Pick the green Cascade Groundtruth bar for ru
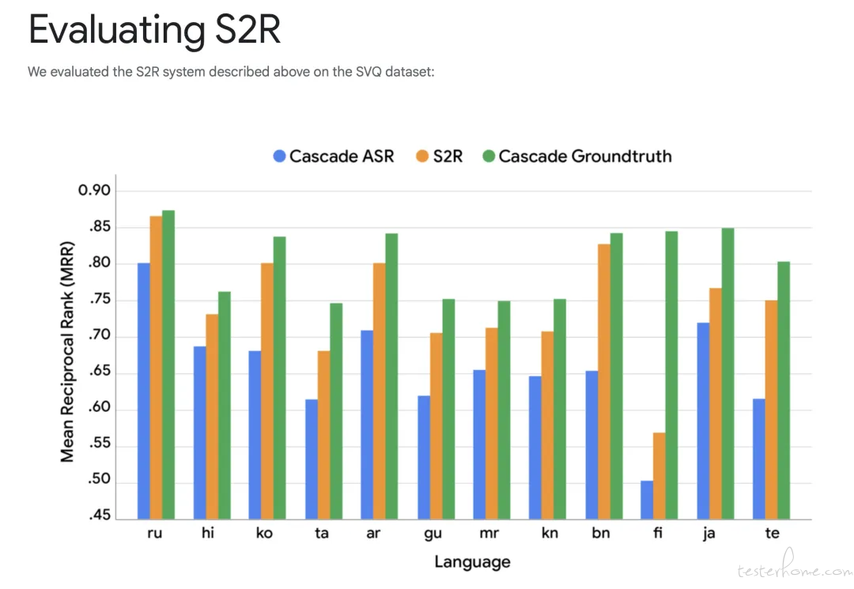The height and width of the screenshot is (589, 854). (168, 364)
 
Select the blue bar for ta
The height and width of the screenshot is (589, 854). (311, 459)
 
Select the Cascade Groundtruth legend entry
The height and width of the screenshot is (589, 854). (576, 156)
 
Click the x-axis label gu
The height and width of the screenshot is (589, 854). (433, 534)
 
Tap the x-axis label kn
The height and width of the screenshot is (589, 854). (550, 534)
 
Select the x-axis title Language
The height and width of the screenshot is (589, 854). (472, 562)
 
